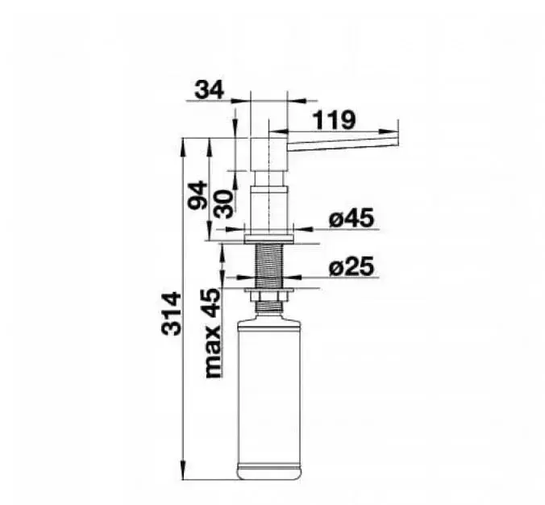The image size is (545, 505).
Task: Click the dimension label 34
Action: (x=210, y=90)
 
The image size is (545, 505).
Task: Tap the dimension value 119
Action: (x=335, y=120)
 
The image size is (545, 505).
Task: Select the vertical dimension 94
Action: (x=198, y=194)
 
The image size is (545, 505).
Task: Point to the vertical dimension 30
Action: (x=223, y=204)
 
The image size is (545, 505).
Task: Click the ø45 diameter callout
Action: (x=352, y=218)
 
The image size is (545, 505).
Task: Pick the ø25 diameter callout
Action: (x=352, y=266)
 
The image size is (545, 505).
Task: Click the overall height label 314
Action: (x=171, y=314)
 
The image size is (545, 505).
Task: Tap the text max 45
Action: (x=213, y=333)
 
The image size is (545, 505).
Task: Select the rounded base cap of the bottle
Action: (x=268, y=472)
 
